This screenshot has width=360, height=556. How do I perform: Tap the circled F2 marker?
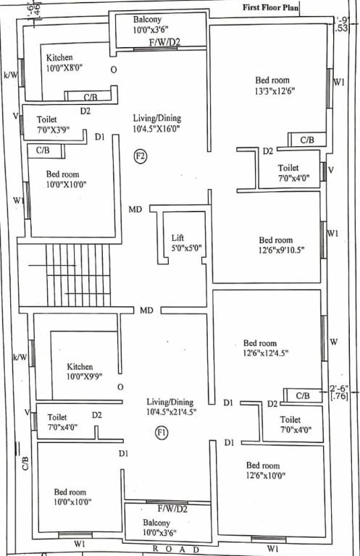(x=141, y=156)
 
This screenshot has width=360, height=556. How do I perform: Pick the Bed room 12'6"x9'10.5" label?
(x=276, y=245)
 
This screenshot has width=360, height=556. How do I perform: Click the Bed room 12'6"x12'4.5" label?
(x=260, y=348)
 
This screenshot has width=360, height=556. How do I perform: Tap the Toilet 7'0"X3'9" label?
(x=51, y=124)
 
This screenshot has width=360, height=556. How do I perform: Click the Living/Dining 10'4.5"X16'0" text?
(x=156, y=123)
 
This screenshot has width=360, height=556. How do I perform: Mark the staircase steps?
(x=78, y=275)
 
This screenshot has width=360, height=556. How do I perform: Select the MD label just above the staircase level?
(x=135, y=210)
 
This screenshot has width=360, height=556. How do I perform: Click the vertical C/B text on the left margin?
(x=25, y=463)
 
